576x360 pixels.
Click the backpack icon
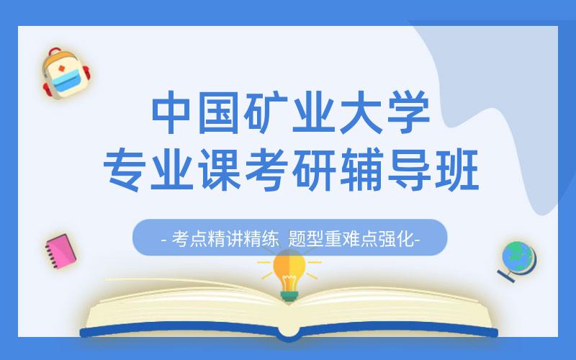[x=64, y=73]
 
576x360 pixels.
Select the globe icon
[x=518, y=259]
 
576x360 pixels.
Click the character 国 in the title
[x=222, y=112]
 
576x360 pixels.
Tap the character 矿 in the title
[x=268, y=112]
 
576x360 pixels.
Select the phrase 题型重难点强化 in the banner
[x=352, y=238]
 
